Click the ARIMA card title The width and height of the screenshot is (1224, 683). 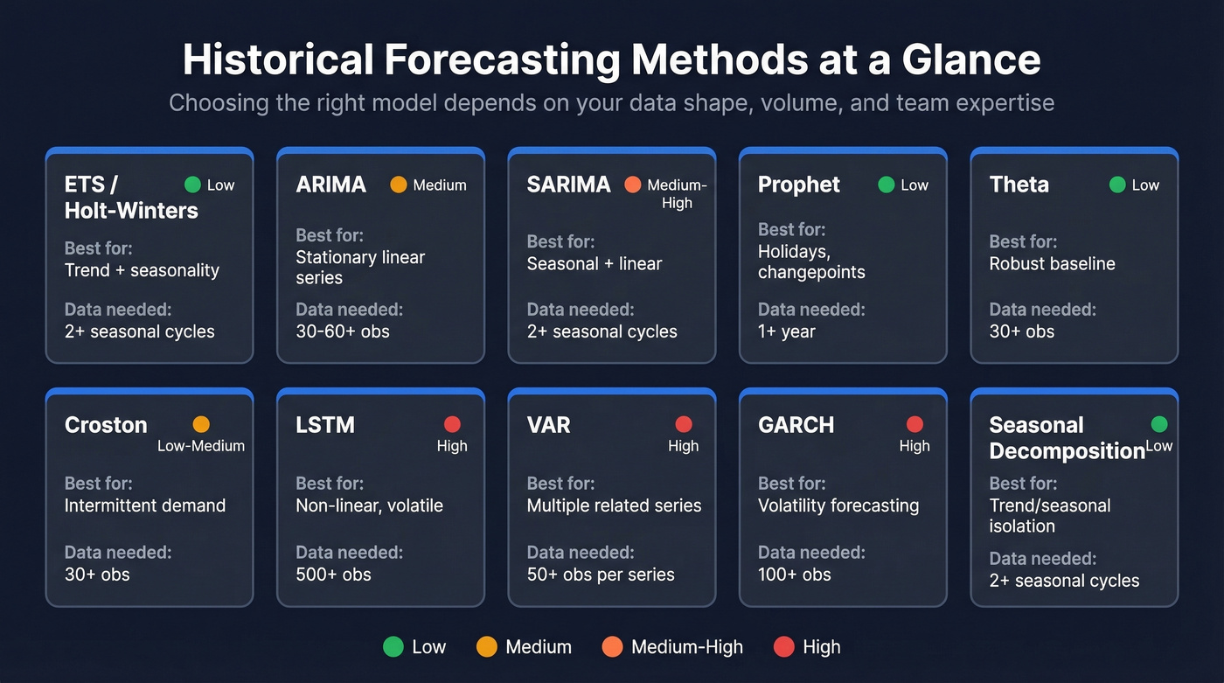(x=330, y=185)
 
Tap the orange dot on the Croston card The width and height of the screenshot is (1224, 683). (x=201, y=424)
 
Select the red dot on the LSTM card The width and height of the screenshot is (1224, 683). (x=452, y=424)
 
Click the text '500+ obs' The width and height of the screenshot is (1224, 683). (x=333, y=575)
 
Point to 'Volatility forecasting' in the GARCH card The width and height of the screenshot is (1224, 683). (x=838, y=505)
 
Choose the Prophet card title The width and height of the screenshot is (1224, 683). (x=798, y=185)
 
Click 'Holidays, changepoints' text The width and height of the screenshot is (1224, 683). (x=811, y=261)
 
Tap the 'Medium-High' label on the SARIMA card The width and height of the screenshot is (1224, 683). (x=677, y=193)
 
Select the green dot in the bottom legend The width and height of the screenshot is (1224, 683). (x=393, y=647)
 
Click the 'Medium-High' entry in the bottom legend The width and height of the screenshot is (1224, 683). (x=686, y=647)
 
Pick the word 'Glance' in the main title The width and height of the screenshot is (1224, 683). (x=970, y=60)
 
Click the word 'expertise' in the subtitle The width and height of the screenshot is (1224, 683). (x=1004, y=103)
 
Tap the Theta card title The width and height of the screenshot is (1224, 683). (x=1019, y=185)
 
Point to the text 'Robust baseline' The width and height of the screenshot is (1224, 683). (x=1052, y=264)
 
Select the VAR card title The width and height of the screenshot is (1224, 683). (x=548, y=425)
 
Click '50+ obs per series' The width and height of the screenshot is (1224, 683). (x=601, y=575)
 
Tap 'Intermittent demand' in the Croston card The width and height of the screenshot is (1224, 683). (x=145, y=505)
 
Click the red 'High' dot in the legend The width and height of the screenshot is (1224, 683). (x=784, y=647)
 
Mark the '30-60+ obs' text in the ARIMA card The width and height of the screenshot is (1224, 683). (x=343, y=331)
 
